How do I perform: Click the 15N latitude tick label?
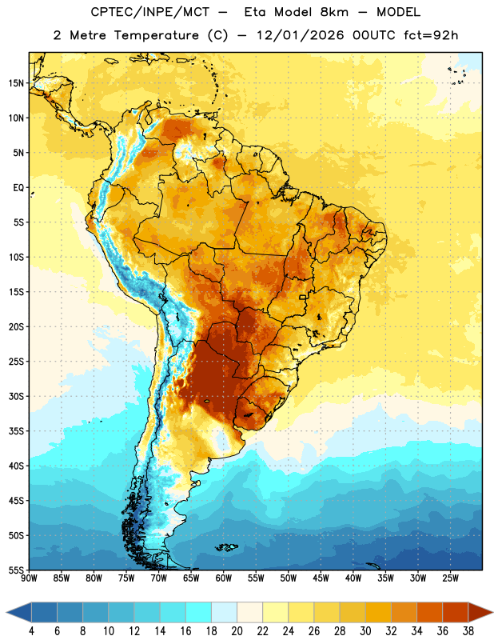click(x=16, y=83)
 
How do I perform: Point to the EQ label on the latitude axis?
click(x=18, y=188)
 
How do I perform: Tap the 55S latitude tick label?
click(x=16, y=570)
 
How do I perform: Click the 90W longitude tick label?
click(x=29, y=578)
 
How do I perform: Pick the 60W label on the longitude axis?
click(x=224, y=578)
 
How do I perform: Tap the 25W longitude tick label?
click(x=450, y=578)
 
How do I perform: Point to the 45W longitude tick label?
click(x=321, y=578)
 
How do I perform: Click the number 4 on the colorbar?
click(x=31, y=631)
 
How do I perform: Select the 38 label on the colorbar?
click(x=468, y=631)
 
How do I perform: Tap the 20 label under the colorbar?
click(x=237, y=631)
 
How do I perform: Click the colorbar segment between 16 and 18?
click(x=198, y=612)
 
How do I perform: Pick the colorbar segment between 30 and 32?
click(x=378, y=612)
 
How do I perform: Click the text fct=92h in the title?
click(x=431, y=35)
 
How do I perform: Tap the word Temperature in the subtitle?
click(x=156, y=35)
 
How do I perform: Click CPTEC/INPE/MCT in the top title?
click(x=150, y=12)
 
